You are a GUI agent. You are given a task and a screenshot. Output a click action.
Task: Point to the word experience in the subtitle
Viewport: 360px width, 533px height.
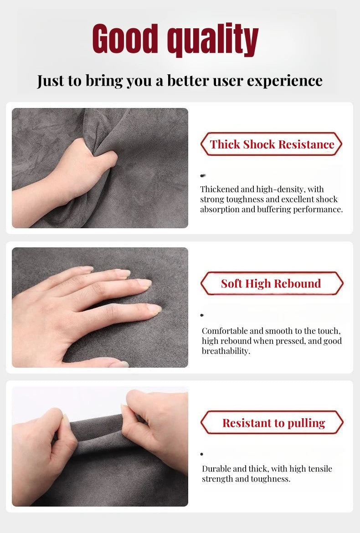tap(284, 82)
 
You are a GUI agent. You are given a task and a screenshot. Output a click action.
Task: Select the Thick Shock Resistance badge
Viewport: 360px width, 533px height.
tap(271, 144)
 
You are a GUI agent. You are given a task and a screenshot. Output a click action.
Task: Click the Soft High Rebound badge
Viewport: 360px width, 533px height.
tap(272, 283)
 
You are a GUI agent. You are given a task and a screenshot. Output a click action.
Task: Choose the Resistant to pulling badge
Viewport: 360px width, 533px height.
tap(272, 422)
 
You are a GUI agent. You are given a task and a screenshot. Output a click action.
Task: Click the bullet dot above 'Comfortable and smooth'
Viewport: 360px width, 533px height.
tap(202, 315)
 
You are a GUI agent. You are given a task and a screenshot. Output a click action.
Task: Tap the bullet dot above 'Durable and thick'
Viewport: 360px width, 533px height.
tap(202, 454)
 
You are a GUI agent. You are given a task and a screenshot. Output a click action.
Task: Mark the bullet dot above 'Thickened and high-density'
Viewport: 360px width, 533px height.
tap(203, 175)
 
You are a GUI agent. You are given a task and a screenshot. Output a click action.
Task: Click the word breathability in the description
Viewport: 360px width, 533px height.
tap(226, 351)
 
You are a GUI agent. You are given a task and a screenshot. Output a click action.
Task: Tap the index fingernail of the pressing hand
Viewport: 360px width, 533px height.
tap(144, 283)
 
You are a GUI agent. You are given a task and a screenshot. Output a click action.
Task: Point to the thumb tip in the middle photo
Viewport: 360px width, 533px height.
tap(119, 364)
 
